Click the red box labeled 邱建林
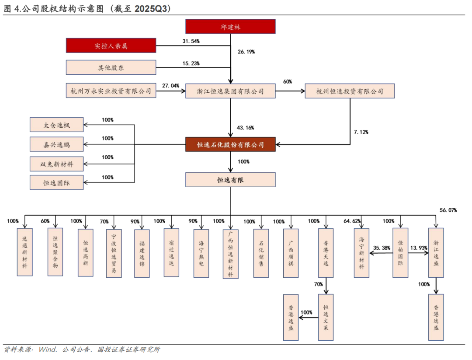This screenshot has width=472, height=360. (230, 27)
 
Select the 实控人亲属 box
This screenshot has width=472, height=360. (111, 45)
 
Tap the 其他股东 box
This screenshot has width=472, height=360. (111, 67)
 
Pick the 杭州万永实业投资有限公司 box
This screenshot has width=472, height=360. (111, 91)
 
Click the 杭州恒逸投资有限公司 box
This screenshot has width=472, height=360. (350, 91)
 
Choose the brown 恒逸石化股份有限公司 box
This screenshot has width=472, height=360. (230, 144)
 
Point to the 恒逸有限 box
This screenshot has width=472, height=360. (230, 179)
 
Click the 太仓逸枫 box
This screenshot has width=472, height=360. (56, 125)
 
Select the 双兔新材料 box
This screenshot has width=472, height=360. (56, 164)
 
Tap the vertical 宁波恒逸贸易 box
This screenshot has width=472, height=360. (114, 253)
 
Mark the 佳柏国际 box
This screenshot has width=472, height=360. (400, 253)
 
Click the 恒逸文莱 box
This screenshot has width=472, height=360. (326, 317)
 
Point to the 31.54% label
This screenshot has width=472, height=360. (191, 41)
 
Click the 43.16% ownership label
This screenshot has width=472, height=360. (246, 128)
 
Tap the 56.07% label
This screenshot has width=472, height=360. (448, 210)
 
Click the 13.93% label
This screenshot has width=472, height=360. (419, 248)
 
